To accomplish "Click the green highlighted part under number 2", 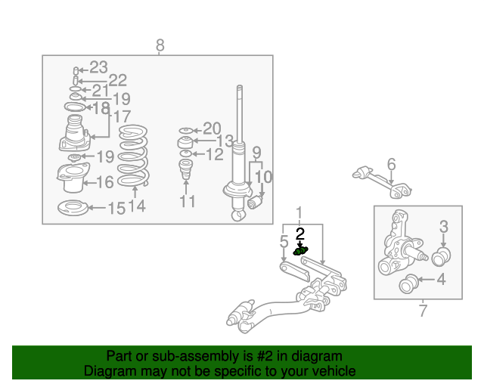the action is pyautogui.click(x=300, y=251).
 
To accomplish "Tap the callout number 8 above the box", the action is pyautogui.click(x=160, y=45).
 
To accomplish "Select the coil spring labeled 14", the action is pyautogui.click(x=133, y=156).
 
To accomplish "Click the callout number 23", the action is pyautogui.click(x=98, y=67).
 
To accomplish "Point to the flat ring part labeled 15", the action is pyautogui.click(x=73, y=208).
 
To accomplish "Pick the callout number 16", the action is pyautogui.click(x=105, y=182).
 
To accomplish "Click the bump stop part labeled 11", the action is pyautogui.click(x=186, y=169).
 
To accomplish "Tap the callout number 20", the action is pyautogui.click(x=212, y=128).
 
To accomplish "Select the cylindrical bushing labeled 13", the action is pyautogui.click(x=185, y=142).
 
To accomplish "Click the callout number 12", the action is pyautogui.click(x=214, y=154).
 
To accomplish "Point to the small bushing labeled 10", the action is pyautogui.click(x=255, y=202).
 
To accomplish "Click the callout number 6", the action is pyautogui.click(x=392, y=164).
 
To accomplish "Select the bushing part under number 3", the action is pyautogui.click(x=441, y=256).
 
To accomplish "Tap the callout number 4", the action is pyautogui.click(x=442, y=279).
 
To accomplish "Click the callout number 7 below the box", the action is pyautogui.click(x=423, y=311).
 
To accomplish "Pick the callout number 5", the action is pyautogui.click(x=284, y=241).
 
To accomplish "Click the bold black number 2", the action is pyautogui.click(x=300, y=234).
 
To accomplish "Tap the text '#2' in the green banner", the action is pyautogui.click(x=265, y=356).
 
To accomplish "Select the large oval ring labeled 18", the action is pyautogui.click(x=75, y=107).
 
